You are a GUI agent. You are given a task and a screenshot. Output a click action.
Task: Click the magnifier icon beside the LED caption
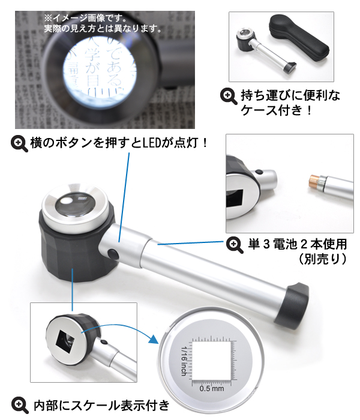pyautogui.click(x=20, y=144)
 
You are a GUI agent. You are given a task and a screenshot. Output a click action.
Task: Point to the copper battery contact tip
pyautogui.click(x=314, y=179)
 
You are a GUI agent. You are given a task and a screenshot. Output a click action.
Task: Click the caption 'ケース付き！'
pyautogui.click(x=277, y=110)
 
